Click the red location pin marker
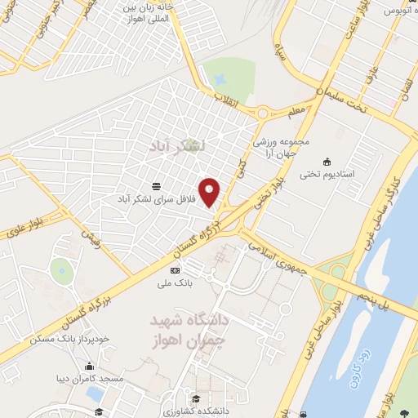(x=211, y=191)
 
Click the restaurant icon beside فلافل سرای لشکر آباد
(x=156, y=185)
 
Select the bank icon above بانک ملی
(x=173, y=270)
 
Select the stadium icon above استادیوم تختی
(x=327, y=160)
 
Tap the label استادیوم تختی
(x=327, y=174)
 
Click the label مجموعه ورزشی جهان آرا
(x=283, y=147)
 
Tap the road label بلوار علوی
(x=26, y=218)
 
